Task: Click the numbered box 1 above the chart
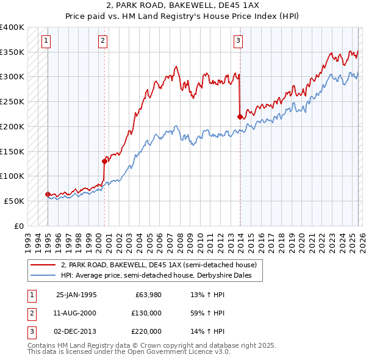point(47,41)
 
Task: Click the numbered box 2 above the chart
point(103,41)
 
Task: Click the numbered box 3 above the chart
point(238,41)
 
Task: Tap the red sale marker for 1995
point(48,194)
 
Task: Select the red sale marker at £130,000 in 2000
point(104,161)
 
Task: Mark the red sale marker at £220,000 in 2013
point(240,116)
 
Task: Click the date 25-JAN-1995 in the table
point(76,295)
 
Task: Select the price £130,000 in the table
point(147,313)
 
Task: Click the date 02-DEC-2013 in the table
point(76,331)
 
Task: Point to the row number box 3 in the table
point(31,331)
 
